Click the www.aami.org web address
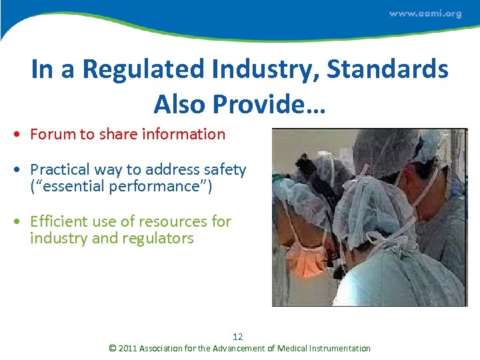click(425, 14)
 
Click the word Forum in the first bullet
click(53, 134)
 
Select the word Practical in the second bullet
click(60, 170)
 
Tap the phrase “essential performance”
click(121, 186)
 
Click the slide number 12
click(238, 337)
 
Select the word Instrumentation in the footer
click(338, 348)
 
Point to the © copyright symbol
click(113, 348)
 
